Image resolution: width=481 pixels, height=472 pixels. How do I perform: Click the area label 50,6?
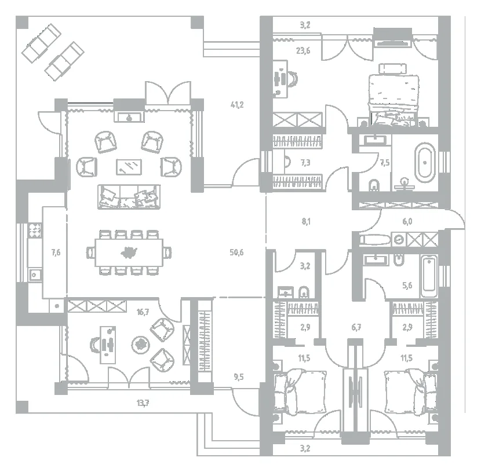[x=236, y=253]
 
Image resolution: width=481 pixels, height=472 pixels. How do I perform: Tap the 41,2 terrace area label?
[x=237, y=105]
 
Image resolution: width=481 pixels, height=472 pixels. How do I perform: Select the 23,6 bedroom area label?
[x=303, y=50]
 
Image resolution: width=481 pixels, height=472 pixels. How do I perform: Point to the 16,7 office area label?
[x=143, y=312]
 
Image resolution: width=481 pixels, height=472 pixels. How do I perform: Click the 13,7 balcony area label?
[x=143, y=403]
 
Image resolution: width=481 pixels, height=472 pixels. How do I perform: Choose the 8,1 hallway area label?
[x=306, y=221]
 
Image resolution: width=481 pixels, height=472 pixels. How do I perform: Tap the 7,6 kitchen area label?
[x=56, y=253]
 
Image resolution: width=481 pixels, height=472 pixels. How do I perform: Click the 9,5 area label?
[x=239, y=377]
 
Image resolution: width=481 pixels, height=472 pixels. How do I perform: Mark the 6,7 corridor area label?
[x=356, y=327]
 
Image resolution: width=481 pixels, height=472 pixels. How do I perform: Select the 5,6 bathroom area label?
[x=407, y=286]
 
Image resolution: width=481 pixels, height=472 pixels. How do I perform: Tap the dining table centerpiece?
[x=129, y=253]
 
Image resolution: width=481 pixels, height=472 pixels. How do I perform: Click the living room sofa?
[x=129, y=197]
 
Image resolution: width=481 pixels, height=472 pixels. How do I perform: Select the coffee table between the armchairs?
[x=129, y=167]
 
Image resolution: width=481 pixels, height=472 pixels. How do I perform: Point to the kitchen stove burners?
[x=35, y=230]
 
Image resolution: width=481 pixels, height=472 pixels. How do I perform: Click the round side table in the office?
[x=141, y=345]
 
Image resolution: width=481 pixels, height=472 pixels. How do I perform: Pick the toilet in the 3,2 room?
[x=304, y=292]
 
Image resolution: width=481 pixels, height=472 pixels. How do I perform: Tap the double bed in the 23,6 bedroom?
[x=394, y=98]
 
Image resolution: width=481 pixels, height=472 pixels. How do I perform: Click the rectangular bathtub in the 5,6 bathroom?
[x=429, y=276]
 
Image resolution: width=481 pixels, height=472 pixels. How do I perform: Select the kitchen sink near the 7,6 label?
[x=35, y=275]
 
